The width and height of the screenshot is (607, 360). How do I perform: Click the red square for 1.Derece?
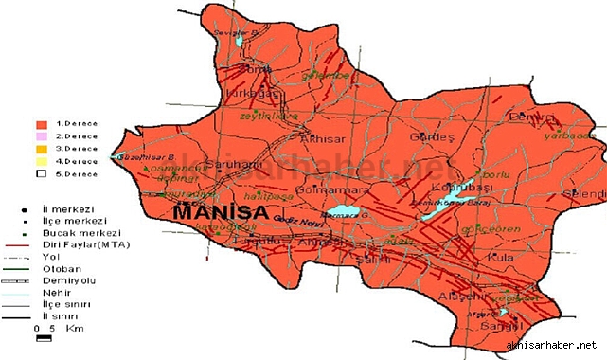tap(40, 124)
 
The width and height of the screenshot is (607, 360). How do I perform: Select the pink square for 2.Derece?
tap(40, 136)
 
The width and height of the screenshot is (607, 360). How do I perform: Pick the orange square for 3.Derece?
tap(40, 149)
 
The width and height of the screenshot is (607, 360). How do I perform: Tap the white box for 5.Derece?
tap(40, 173)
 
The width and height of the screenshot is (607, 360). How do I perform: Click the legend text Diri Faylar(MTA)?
tap(93, 243)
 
